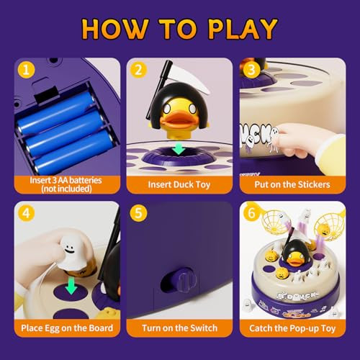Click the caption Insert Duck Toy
pyautogui.click(x=179, y=184)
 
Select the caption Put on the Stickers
pyautogui.click(x=292, y=184)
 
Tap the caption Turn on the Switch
pyautogui.click(x=179, y=328)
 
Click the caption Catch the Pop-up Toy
pyautogui.click(x=292, y=328)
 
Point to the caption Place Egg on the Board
pyautogui.click(x=66, y=328)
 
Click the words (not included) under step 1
pyautogui.click(x=66, y=189)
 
